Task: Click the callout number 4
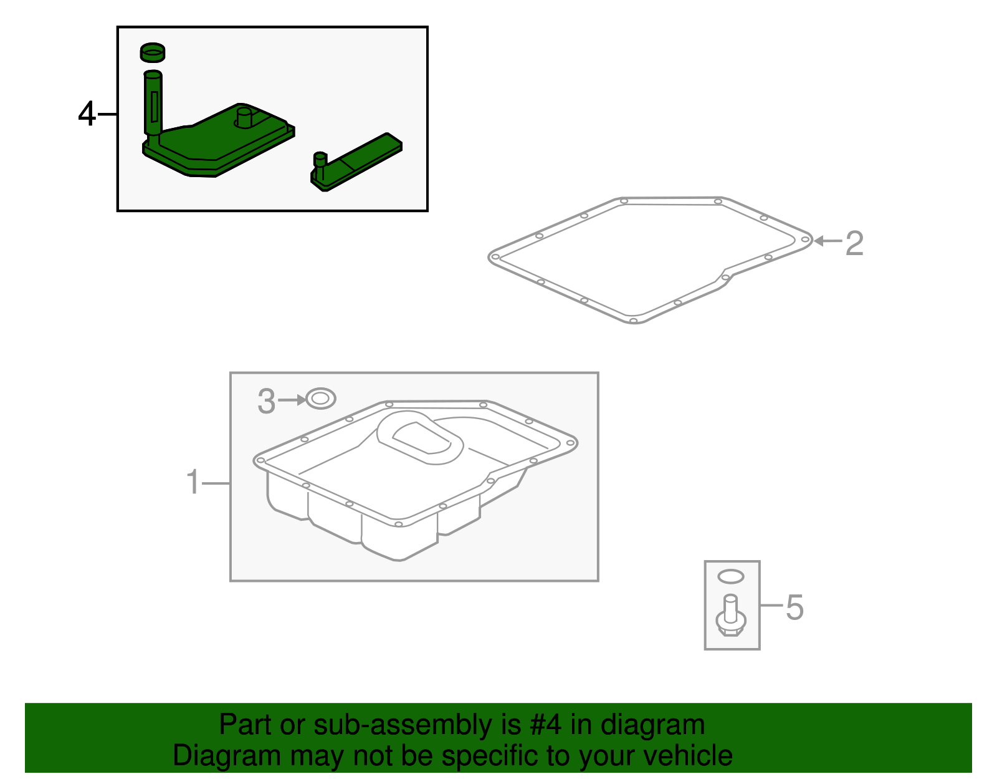click(87, 115)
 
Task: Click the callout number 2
click(854, 243)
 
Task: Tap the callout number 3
click(266, 402)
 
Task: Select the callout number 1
click(193, 483)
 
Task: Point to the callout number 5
click(794, 607)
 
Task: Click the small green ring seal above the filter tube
click(153, 53)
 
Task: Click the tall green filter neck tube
click(153, 103)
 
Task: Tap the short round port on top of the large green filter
click(244, 117)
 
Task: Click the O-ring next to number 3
click(321, 399)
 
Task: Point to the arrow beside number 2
click(828, 241)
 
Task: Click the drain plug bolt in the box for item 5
click(731, 617)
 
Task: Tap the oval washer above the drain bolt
click(731, 576)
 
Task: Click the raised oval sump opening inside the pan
click(421, 438)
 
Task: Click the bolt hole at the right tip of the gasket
click(805, 240)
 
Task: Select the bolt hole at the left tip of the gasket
click(495, 256)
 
